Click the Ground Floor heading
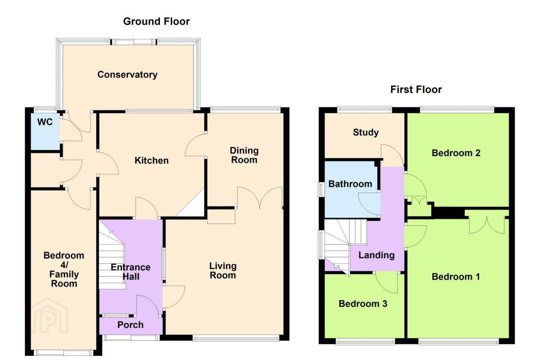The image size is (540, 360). [x=156, y=21]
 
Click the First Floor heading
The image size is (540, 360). [x=416, y=90]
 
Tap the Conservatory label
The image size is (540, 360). [x=127, y=75]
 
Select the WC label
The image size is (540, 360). [x=45, y=122]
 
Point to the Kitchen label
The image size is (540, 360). [x=151, y=160]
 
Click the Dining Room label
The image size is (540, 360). [x=244, y=155]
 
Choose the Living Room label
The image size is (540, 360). [x=223, y=270]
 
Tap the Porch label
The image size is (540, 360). [x=130, y=325]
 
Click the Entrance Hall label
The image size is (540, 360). [x=130, y=272]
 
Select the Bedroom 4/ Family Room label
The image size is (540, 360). [x=64, y=269]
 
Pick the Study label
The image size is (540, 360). [x=366, y=132]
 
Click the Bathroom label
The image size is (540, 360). [x=350, y=184]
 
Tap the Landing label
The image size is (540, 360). [x=376, y=255]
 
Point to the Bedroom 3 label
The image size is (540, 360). [x=363, y=304]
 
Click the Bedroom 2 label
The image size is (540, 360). [x=456, y=153]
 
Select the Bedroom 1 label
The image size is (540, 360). [x=456, y=277]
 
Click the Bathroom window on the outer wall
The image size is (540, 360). [x=321, y=189]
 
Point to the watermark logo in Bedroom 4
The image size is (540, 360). [x=49, y=315]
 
